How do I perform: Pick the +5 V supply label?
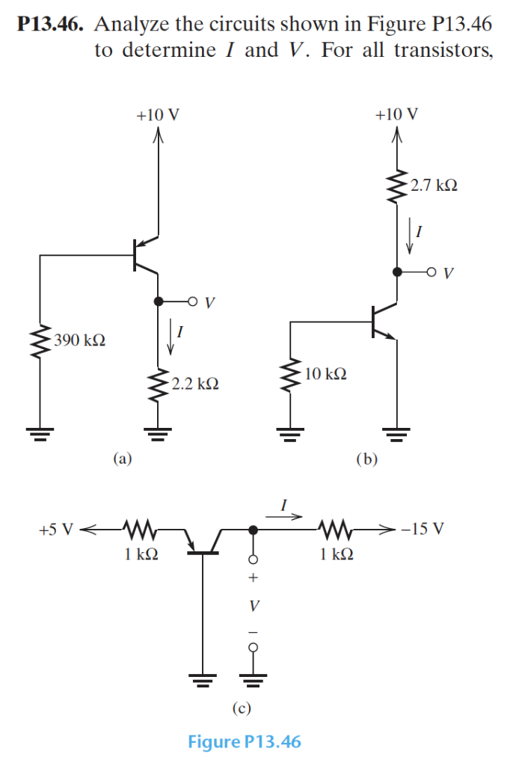pyautogui.click(x=56, y=530)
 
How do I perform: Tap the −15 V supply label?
pyautogui.click(x=423, y=530)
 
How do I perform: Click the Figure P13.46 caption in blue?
pyautogui.click(x=245, y=741)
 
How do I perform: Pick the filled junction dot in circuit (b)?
pyautogui.click(x=397, y=272)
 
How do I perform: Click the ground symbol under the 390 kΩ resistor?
pyautogui.click(x=40, y=432)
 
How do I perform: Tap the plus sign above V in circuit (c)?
pyautogui.click(x=254, y=577)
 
